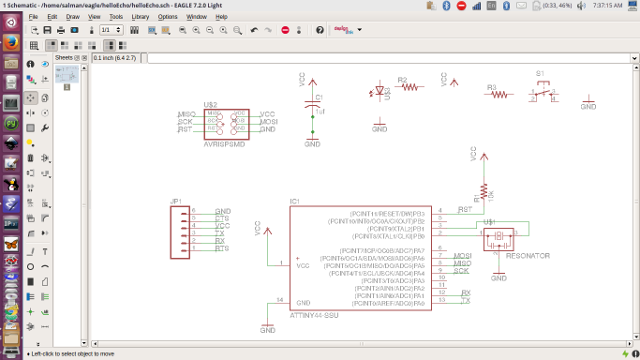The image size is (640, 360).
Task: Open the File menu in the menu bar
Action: [34, 17]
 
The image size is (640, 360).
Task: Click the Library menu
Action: [141, 17]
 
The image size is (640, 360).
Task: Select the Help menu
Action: [221, 17]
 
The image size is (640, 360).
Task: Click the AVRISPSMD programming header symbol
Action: [226, 121]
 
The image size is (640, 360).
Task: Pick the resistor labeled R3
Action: [499, 94]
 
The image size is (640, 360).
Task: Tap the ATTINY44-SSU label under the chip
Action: [314, 316]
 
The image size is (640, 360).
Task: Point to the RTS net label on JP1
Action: [222, 248]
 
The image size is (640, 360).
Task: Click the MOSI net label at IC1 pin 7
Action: [462, 256]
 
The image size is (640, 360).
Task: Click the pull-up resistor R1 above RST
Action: [483, 196]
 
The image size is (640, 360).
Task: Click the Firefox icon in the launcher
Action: [10, 43]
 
